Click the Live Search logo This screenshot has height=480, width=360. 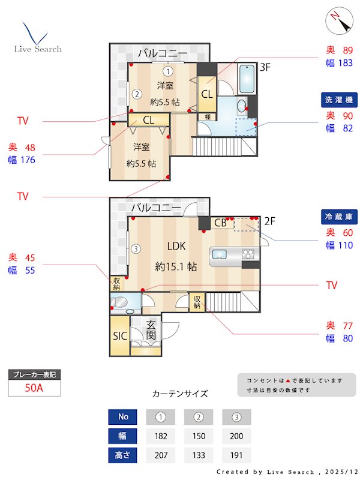coord(37,38)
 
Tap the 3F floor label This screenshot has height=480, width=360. coord(266,67)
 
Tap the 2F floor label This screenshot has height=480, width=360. coord(269,221)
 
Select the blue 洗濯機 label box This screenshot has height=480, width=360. coord(340,99)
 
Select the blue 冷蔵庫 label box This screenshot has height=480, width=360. coord(340,217)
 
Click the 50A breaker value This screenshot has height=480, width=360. coord(34,388)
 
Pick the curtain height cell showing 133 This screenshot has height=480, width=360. coord(199,455)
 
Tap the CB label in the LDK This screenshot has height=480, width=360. coord(220,223)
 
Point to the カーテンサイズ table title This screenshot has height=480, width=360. coord(180,394)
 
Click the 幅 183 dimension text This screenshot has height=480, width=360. coord(339,62)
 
